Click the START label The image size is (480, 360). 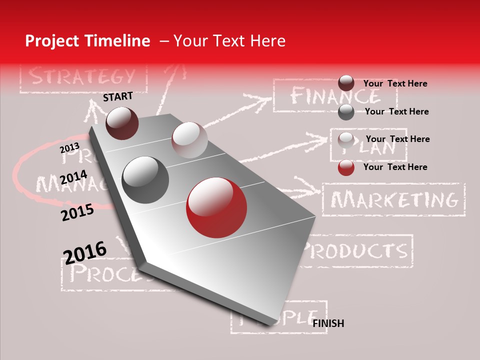(x=118, y=96)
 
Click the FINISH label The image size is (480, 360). (x=328, y=323)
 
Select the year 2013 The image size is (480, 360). (x=69, y=148)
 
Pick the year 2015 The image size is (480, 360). (x=77, y=212)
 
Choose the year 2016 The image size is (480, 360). (x=85, y=252)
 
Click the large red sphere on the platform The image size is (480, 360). (x=216, y=207)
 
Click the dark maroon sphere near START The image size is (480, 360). (x=122, y=123)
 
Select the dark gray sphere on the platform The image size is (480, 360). (x=145, y=180)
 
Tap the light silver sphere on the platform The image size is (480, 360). (x=189, y=140)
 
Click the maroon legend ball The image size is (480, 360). (x=346, y=83)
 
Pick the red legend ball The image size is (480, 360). (x=346, y=167)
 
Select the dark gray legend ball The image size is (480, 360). (x=346, y=112)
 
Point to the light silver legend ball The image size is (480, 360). (x=346, y=139)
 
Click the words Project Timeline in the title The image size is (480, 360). (x=87, y=41)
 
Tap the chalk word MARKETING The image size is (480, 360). (x=394, y=200)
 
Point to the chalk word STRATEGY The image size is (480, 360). (x=82, y=76)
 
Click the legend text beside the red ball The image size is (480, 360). (x=395, y=167)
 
